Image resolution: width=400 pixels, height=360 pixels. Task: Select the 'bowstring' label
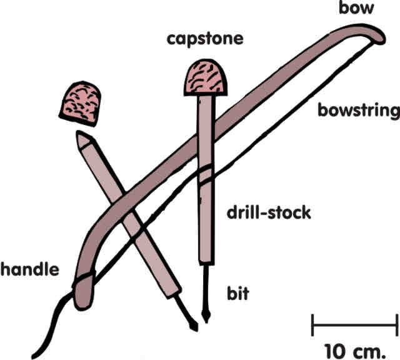pyautogui.click(x=358, y=111)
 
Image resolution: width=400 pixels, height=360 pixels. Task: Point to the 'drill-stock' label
pyautogui.click(x=268, y=213)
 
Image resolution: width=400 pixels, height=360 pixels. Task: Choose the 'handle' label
pyautogui.click(x=29, y=271)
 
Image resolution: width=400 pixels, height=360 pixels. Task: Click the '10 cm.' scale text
pyautogui.click(x=354, y=347)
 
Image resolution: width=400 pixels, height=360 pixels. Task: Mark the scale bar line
pyautogui.click(x=354, y=325)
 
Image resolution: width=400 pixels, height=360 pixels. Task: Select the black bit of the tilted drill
pyautogui.click(x=189, y=316)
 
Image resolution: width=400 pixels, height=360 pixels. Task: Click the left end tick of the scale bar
pyautogui.click(x=312, y=325)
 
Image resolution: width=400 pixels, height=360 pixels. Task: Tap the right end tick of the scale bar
pyautogui.click(x=396, y=325)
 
